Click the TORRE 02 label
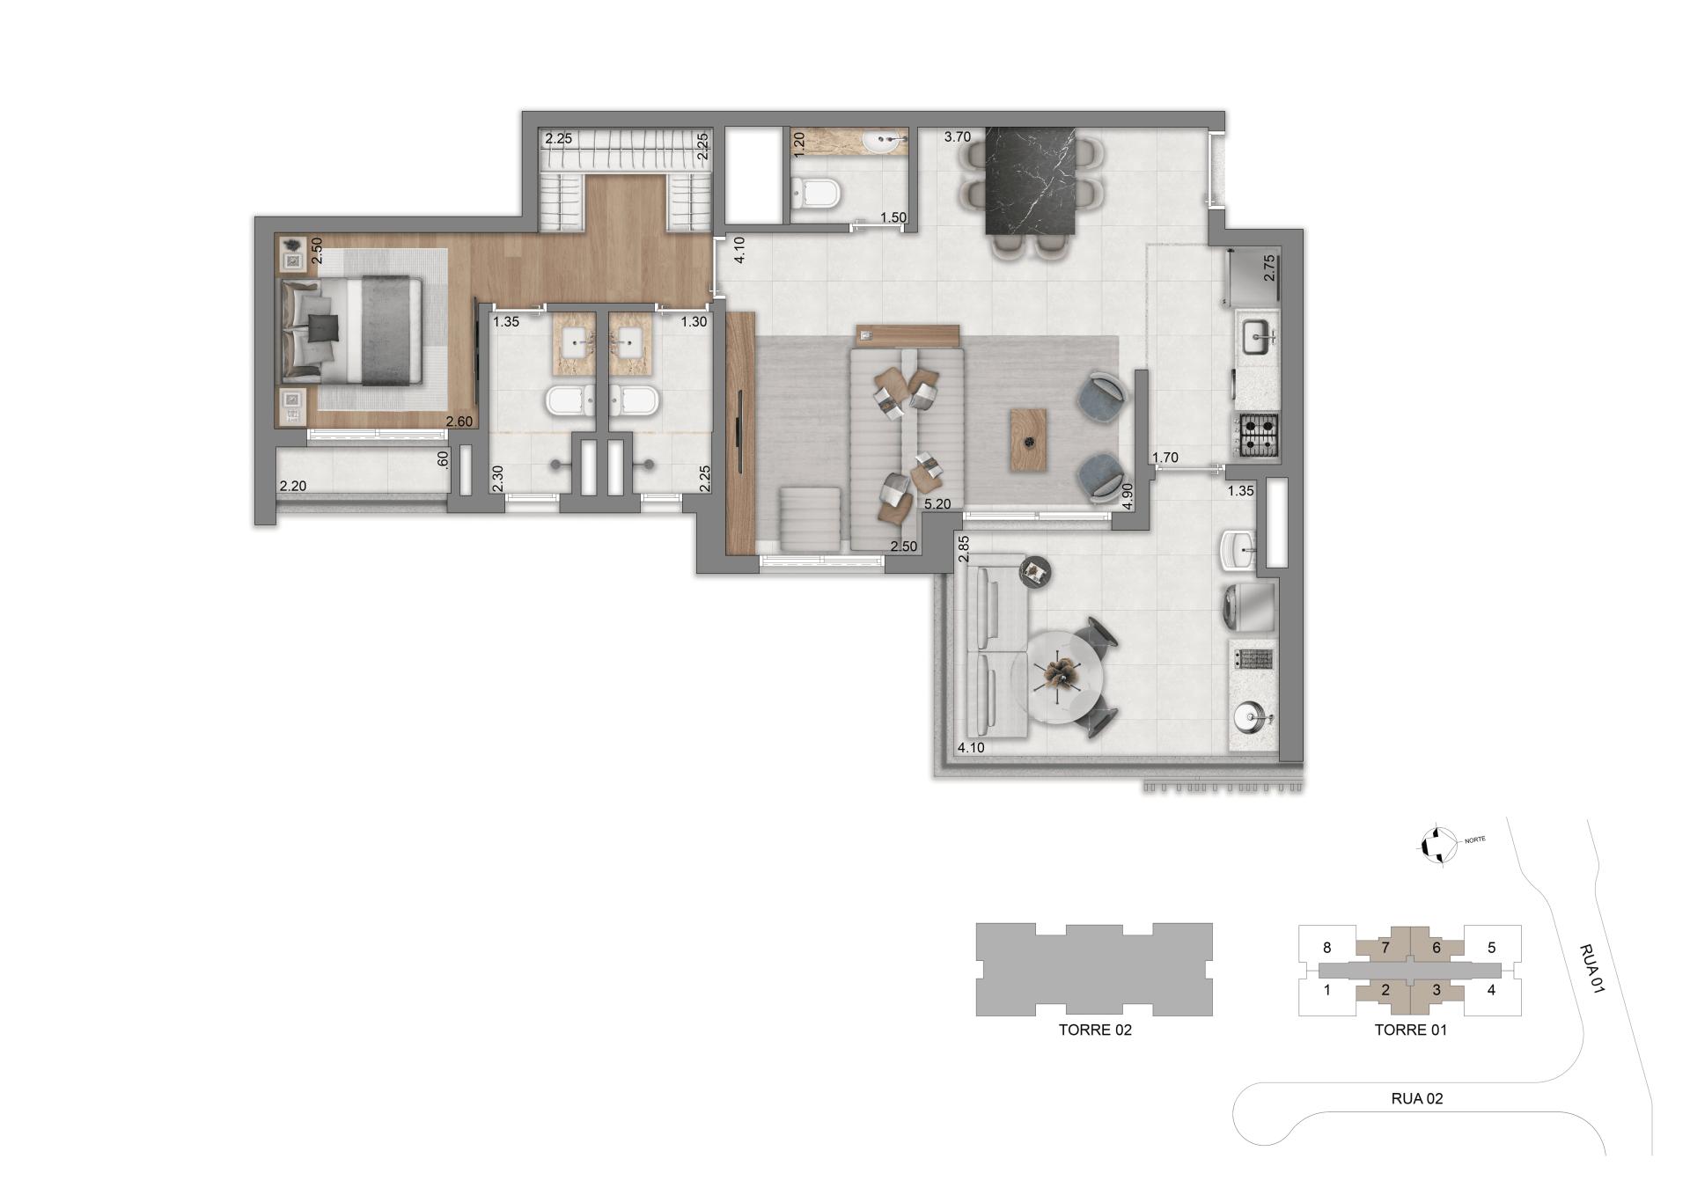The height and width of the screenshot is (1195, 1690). click(x=1094, y=1030)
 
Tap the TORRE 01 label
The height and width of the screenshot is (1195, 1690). click(x=1410, y=1030)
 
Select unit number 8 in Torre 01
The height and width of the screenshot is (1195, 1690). click(x=1326, y=948)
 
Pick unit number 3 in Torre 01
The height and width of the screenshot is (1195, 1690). click(x=1436, y=990)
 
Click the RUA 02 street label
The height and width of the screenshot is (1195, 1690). click(x=1416, y=1098)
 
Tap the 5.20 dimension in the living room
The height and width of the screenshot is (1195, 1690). click(x=937, y=504)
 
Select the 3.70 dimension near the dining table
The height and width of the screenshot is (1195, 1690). click(x=958, y=136)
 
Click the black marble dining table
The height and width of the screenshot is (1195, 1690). click(x=1031, y=180)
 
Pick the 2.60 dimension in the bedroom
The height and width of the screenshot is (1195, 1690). click(x=459, y=422)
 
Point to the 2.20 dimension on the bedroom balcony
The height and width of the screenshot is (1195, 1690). click(x=292, y=486)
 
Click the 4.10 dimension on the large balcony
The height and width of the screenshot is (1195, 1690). click(x=970, y=748)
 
